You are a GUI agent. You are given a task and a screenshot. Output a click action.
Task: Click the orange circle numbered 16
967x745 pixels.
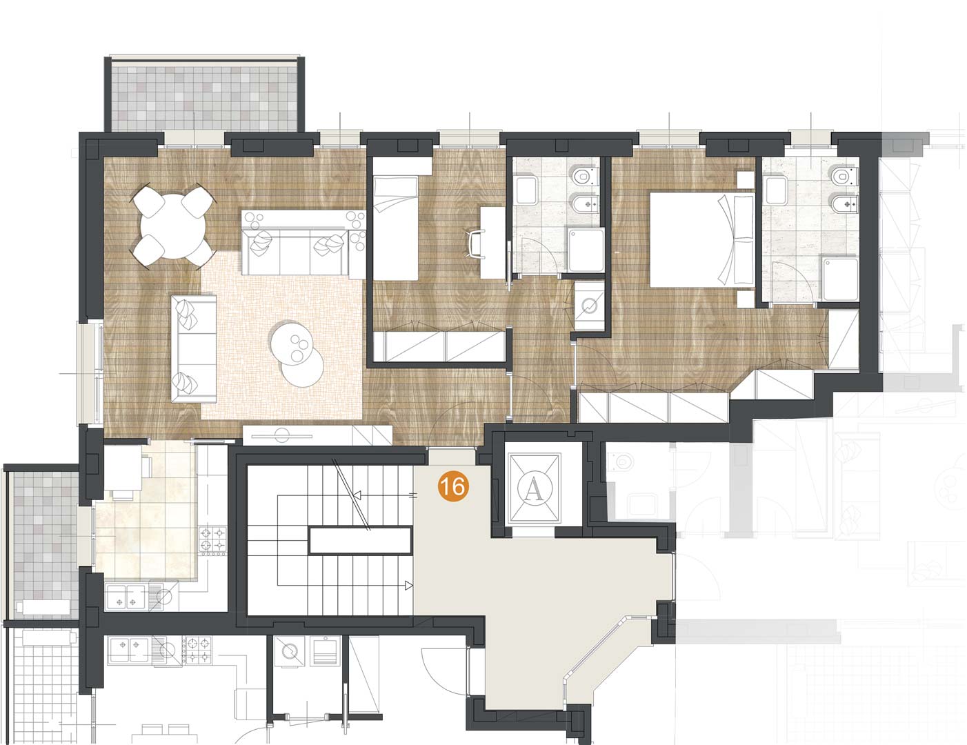point(453,487)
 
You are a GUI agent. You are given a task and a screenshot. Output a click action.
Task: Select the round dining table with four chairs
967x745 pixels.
point(172,227)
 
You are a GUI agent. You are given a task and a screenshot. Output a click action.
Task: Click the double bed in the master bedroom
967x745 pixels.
point(702,239)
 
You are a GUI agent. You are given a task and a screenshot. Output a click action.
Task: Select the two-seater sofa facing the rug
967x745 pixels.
point(193,348)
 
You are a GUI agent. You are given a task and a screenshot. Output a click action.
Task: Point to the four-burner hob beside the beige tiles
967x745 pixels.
point(212,540)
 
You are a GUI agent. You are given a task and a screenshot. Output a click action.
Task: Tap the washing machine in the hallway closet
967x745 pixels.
point(589,307)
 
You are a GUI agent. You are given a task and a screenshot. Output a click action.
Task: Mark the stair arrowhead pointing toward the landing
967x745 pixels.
point(408,586)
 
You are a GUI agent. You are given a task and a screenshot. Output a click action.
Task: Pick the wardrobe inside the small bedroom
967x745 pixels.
point(439,346)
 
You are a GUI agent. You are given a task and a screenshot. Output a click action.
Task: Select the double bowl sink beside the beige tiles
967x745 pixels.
point(126,597)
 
